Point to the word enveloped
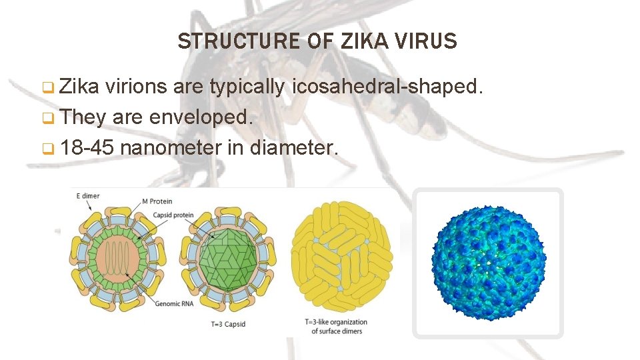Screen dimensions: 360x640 pyautogui.click(x=201, y=117)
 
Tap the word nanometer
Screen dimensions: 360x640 pyautogui.click(x=171, y=147)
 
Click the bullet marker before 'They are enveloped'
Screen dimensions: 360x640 pyautogui.click(x=47, y=118)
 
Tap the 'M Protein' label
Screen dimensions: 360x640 pyautogui.click(x=157, y=201)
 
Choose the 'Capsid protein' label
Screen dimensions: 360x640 pyautogui.click(x=173, y=215)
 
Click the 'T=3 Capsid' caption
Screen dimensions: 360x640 pyautogui.click(x=227, y=325)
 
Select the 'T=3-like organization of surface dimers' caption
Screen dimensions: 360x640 pyautogui.click(x=336, y=327)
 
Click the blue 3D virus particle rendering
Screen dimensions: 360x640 pyautogui.click(x=488, y=262)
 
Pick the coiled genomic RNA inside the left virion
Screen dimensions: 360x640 pyautogui.click(x=113, y=257)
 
